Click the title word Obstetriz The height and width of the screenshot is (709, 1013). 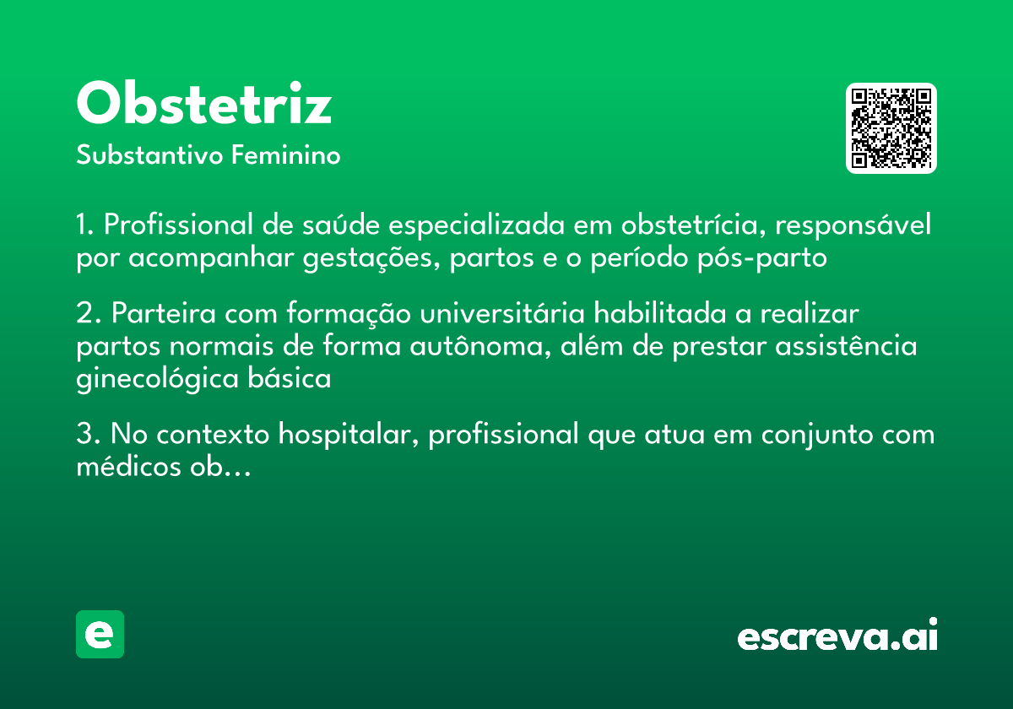[203, 104]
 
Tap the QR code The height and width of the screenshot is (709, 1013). [891, 128]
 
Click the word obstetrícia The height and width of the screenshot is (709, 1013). [691, 225]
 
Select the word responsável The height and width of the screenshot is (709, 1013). [854, 225]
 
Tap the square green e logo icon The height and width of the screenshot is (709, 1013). [100, 634]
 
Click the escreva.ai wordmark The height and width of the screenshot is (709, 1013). [837, 636]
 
